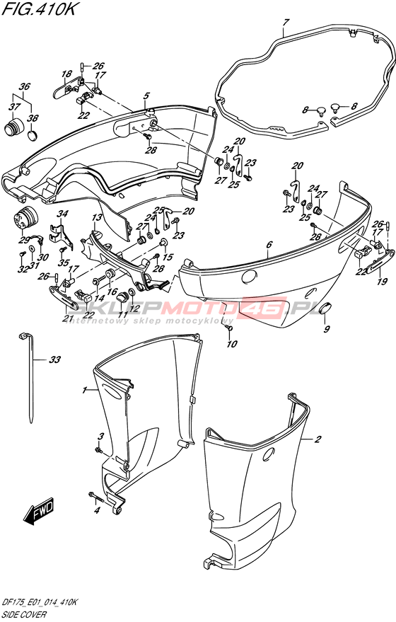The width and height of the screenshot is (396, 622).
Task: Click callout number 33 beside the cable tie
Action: tap(54, 359)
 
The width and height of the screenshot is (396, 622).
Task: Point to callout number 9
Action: tap(327, 329)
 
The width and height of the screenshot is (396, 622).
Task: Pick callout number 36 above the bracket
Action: tap(25, 87)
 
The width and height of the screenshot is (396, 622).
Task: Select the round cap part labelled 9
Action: tap(326, 307)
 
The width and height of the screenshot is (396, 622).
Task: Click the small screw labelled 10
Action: tap(228, 328)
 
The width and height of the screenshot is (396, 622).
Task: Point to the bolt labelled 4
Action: tap(96, 496)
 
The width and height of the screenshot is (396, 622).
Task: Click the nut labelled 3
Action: tap(98, 450)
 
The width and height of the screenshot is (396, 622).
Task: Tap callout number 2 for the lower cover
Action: tap(318, 439)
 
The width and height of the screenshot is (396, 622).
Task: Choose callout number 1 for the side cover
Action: tap(84, 391)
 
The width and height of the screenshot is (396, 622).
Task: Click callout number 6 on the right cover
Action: tap(269, 245)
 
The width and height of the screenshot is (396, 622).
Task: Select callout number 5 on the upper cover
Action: tap(146, 96)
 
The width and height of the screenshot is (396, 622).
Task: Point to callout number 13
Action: tap(98, 218)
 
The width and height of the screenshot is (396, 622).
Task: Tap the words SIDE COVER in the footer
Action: tap(25, 614)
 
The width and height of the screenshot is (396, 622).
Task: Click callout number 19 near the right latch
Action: tap(380, 282)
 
